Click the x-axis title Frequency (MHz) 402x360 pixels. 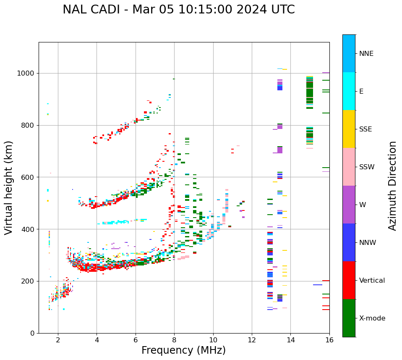coord(183,350)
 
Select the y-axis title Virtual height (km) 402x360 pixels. coord(9,187)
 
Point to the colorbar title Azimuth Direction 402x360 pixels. coord(392,186)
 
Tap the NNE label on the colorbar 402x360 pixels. coord(366,54)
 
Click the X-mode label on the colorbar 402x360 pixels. coord(372,318)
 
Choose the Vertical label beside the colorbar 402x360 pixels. coord(372,281)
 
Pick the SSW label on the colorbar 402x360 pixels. coord(367,167)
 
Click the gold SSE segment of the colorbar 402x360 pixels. coord(349,129)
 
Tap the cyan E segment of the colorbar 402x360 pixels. coord(349,91)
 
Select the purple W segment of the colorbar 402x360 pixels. coord(349,205)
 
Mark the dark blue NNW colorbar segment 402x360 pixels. coord(349,242)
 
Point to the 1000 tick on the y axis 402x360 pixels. coord(28,74)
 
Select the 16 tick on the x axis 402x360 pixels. coord(329,340)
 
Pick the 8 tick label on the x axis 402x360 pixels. coord(174,340)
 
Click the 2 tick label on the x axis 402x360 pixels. coord(58,340)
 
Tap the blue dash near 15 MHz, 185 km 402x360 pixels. coord(317,285)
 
